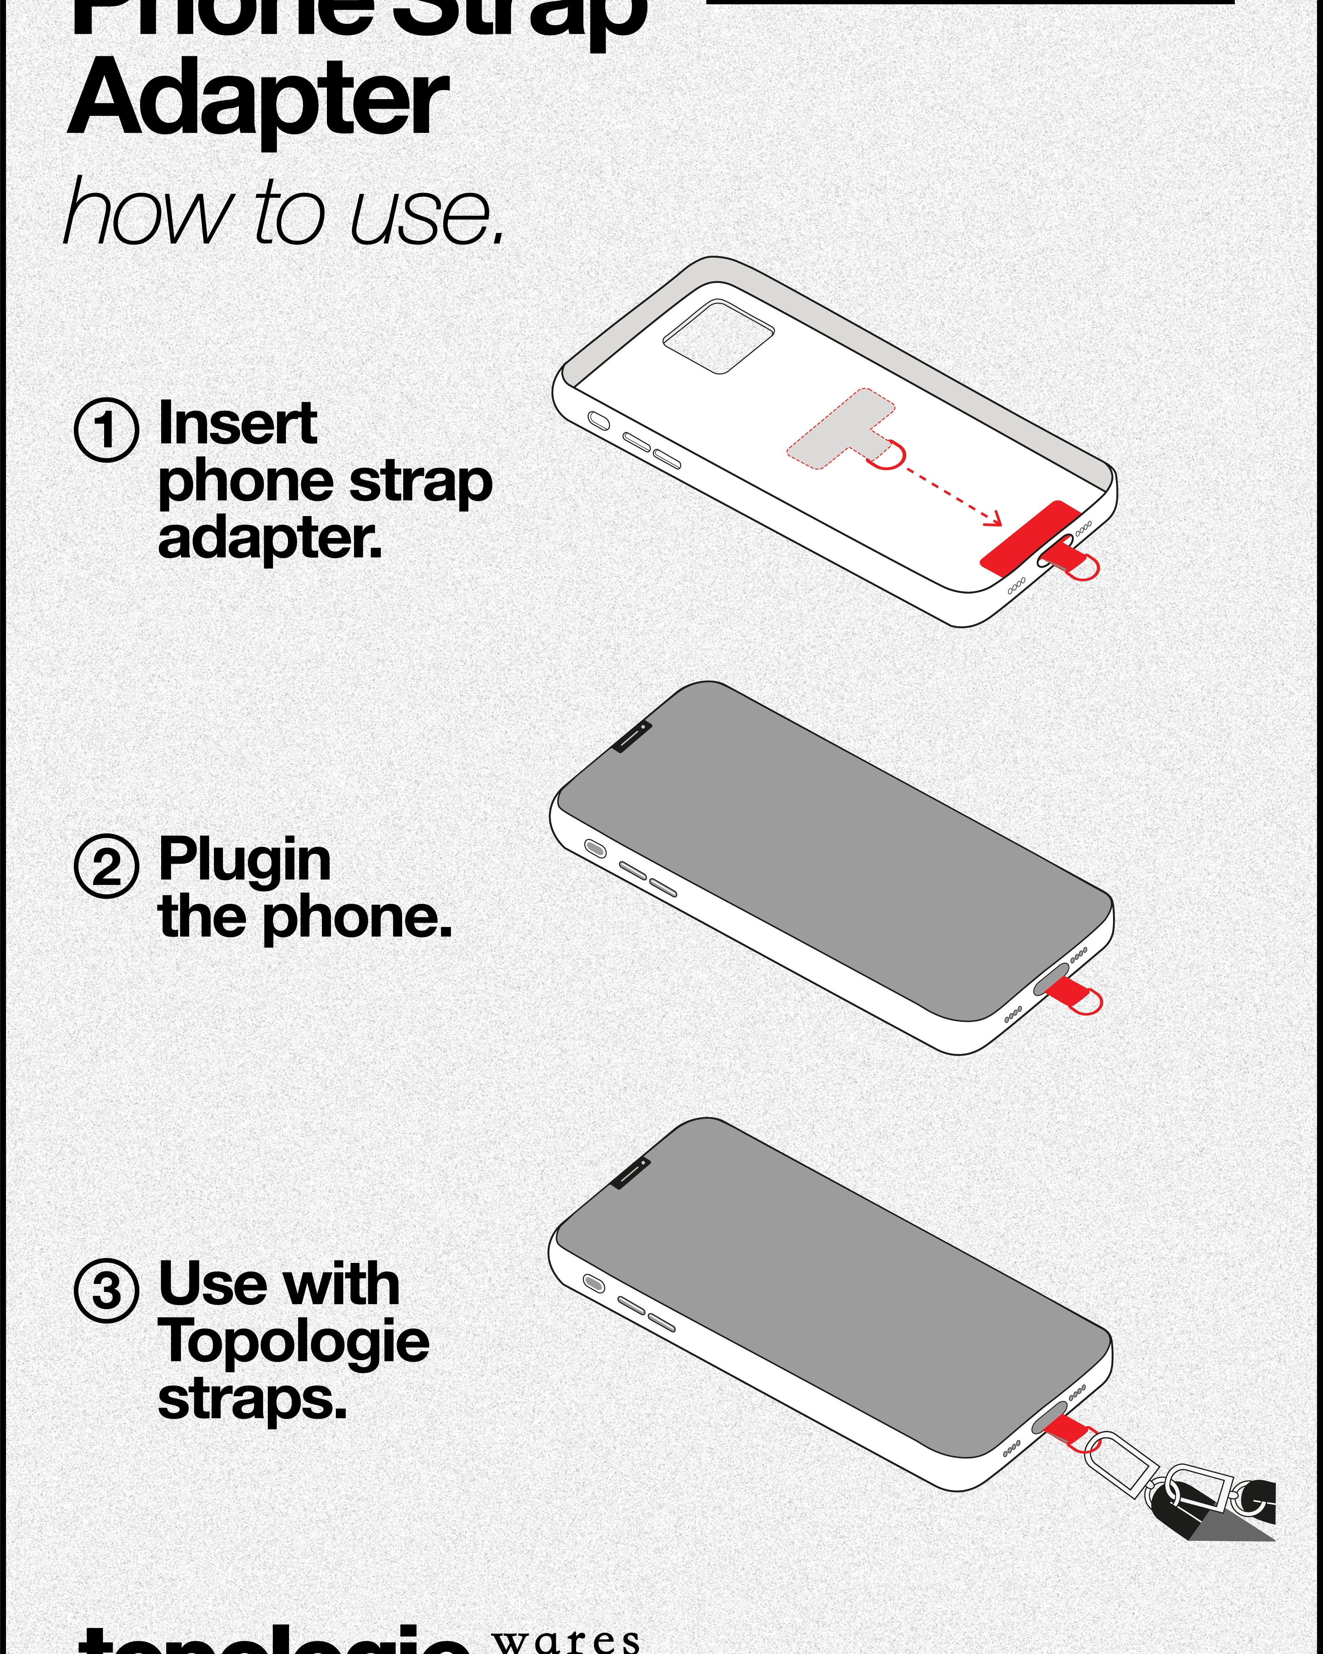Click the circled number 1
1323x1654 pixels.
click(x=107, y=430)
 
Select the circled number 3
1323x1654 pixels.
click(x=107, y=1290)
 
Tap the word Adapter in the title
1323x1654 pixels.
click(x=258, y=100)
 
